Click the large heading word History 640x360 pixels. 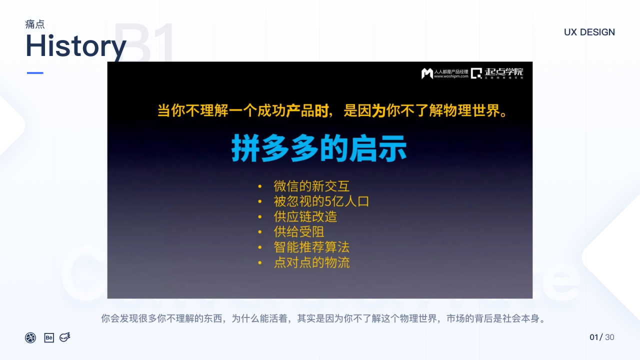(x=75, y=46)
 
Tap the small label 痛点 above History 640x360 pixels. (x=35, y=24)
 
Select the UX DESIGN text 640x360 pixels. (x=589, y=32)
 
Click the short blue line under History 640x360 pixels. (x=35, y=73)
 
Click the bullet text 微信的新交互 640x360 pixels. (x=311, y=186)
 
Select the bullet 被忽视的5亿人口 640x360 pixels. (x=321, y=201)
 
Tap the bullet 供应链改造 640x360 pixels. (x=305, y=216)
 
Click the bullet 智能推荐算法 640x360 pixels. (x=311, y=247)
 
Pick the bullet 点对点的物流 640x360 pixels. (x=311, y=262)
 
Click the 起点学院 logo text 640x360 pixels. (x=504, y=72)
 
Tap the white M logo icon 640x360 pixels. (x=426, y=73)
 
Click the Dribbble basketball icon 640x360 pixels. (x=30, y=337)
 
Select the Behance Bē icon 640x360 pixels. (x=49, y=337)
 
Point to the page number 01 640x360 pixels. (x=594, y=337)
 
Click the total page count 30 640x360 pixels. (x=609, y=337)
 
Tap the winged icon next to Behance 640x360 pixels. (x=65, y=337)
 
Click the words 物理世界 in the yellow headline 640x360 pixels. (x=470, y=110)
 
